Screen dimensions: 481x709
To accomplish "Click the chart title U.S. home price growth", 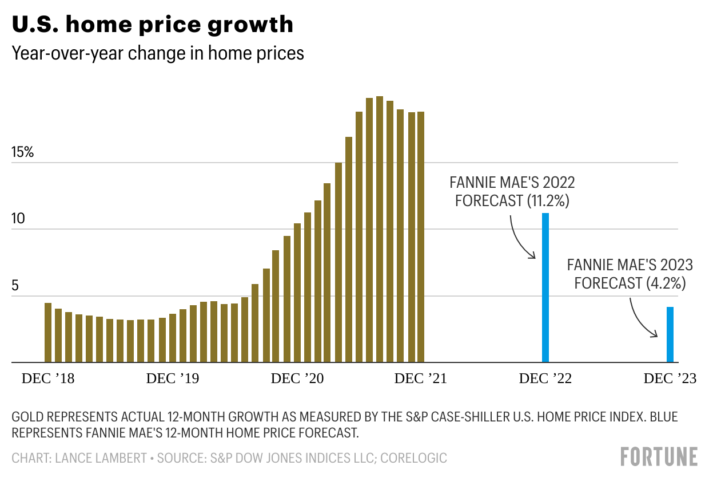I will point(153,25).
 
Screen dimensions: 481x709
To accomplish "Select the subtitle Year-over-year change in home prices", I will point(158,53).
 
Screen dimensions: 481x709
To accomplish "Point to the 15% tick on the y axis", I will point(23,153).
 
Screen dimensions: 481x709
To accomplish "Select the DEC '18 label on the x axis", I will point(48,379).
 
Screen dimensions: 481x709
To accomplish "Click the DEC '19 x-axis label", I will point(173,379).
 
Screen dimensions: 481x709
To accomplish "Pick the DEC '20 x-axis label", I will point(297,379).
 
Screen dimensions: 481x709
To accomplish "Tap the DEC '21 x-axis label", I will point(420,379).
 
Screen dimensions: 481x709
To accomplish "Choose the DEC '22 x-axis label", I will point(545,379).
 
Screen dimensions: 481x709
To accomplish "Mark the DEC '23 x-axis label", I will point(670,379).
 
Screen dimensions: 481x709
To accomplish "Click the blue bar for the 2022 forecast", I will point(545,287).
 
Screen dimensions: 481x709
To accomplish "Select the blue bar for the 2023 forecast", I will point(670,334).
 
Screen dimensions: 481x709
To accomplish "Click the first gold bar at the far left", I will point(48,333).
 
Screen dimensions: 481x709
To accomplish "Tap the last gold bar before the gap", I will point(421,237).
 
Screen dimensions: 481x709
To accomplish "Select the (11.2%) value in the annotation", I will point(549,201).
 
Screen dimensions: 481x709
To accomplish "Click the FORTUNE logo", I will point(659,457).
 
